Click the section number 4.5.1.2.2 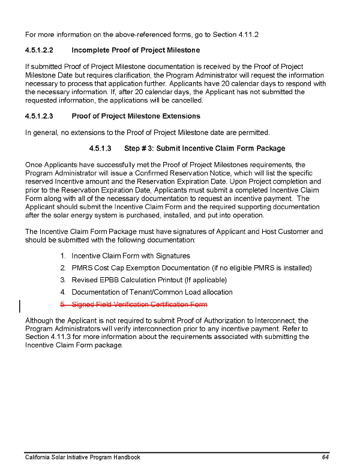[x=39, y=50]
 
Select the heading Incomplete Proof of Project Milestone [x=136, y=50]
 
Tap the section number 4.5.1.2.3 [x=39, y=116]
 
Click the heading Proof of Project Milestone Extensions [x=136, y=116]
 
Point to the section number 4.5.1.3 [x=100, y=148]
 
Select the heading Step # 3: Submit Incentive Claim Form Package [x=204, y=148]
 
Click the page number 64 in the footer [x=325, y=457]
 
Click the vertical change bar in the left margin [x=21, y=307]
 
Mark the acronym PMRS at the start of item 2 [x=82, y=268]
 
